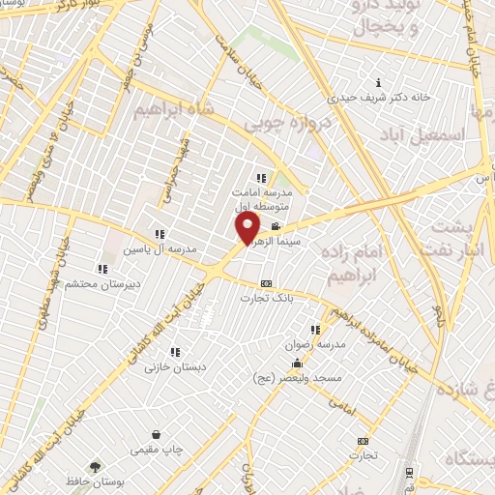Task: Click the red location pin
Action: pyautogui.click(x=248, y=228)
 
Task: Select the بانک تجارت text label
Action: pyautogui.click(x=270, y=299)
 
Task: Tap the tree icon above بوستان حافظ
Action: pyautogui.click(x=94, y=466)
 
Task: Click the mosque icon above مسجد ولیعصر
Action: pyautogui.click(x=297, y=363)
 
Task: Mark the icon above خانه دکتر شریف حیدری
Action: pyautogui.click(x=378, y=83)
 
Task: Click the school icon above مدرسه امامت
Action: pyautogui.click(x=260, y=178)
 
